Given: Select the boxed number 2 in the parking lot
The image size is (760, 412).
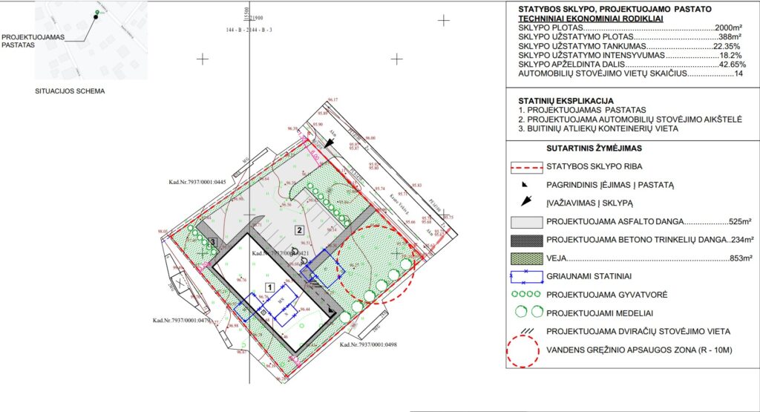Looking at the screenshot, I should [299, 230].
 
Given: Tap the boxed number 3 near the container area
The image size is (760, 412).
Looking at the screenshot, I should [212, 241].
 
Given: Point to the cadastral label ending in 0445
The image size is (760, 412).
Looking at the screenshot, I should [197, 180].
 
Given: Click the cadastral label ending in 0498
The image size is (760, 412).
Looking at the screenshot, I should [368, 344].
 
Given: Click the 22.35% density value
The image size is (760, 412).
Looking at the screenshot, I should [727, 46].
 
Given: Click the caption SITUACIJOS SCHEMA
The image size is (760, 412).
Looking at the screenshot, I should [70, 91].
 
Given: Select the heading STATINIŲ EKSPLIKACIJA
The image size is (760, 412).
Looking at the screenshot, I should [565, 99].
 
